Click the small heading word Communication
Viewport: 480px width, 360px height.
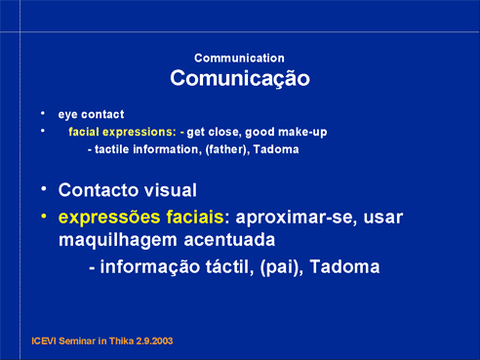(x=239, y=59)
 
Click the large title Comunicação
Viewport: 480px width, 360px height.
(x=240, y=79)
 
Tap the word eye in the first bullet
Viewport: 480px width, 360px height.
(x=68, y=115)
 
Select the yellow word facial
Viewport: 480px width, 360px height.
(x=84, y=132)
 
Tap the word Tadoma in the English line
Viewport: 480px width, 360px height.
(x=276, y=149)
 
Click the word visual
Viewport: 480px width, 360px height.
(x=171, y=190)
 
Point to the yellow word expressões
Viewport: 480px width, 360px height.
(x=109, y=218)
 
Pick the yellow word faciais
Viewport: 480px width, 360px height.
(x=195, y=217)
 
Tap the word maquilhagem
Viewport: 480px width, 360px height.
(x=118, y=241)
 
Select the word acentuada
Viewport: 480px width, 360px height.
(x=229, y=240)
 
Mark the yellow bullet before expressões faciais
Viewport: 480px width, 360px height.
(x=44, y=216)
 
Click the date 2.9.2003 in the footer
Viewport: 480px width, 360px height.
(x=154, y=341)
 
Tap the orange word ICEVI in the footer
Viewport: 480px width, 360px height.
(x=44, y=341)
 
